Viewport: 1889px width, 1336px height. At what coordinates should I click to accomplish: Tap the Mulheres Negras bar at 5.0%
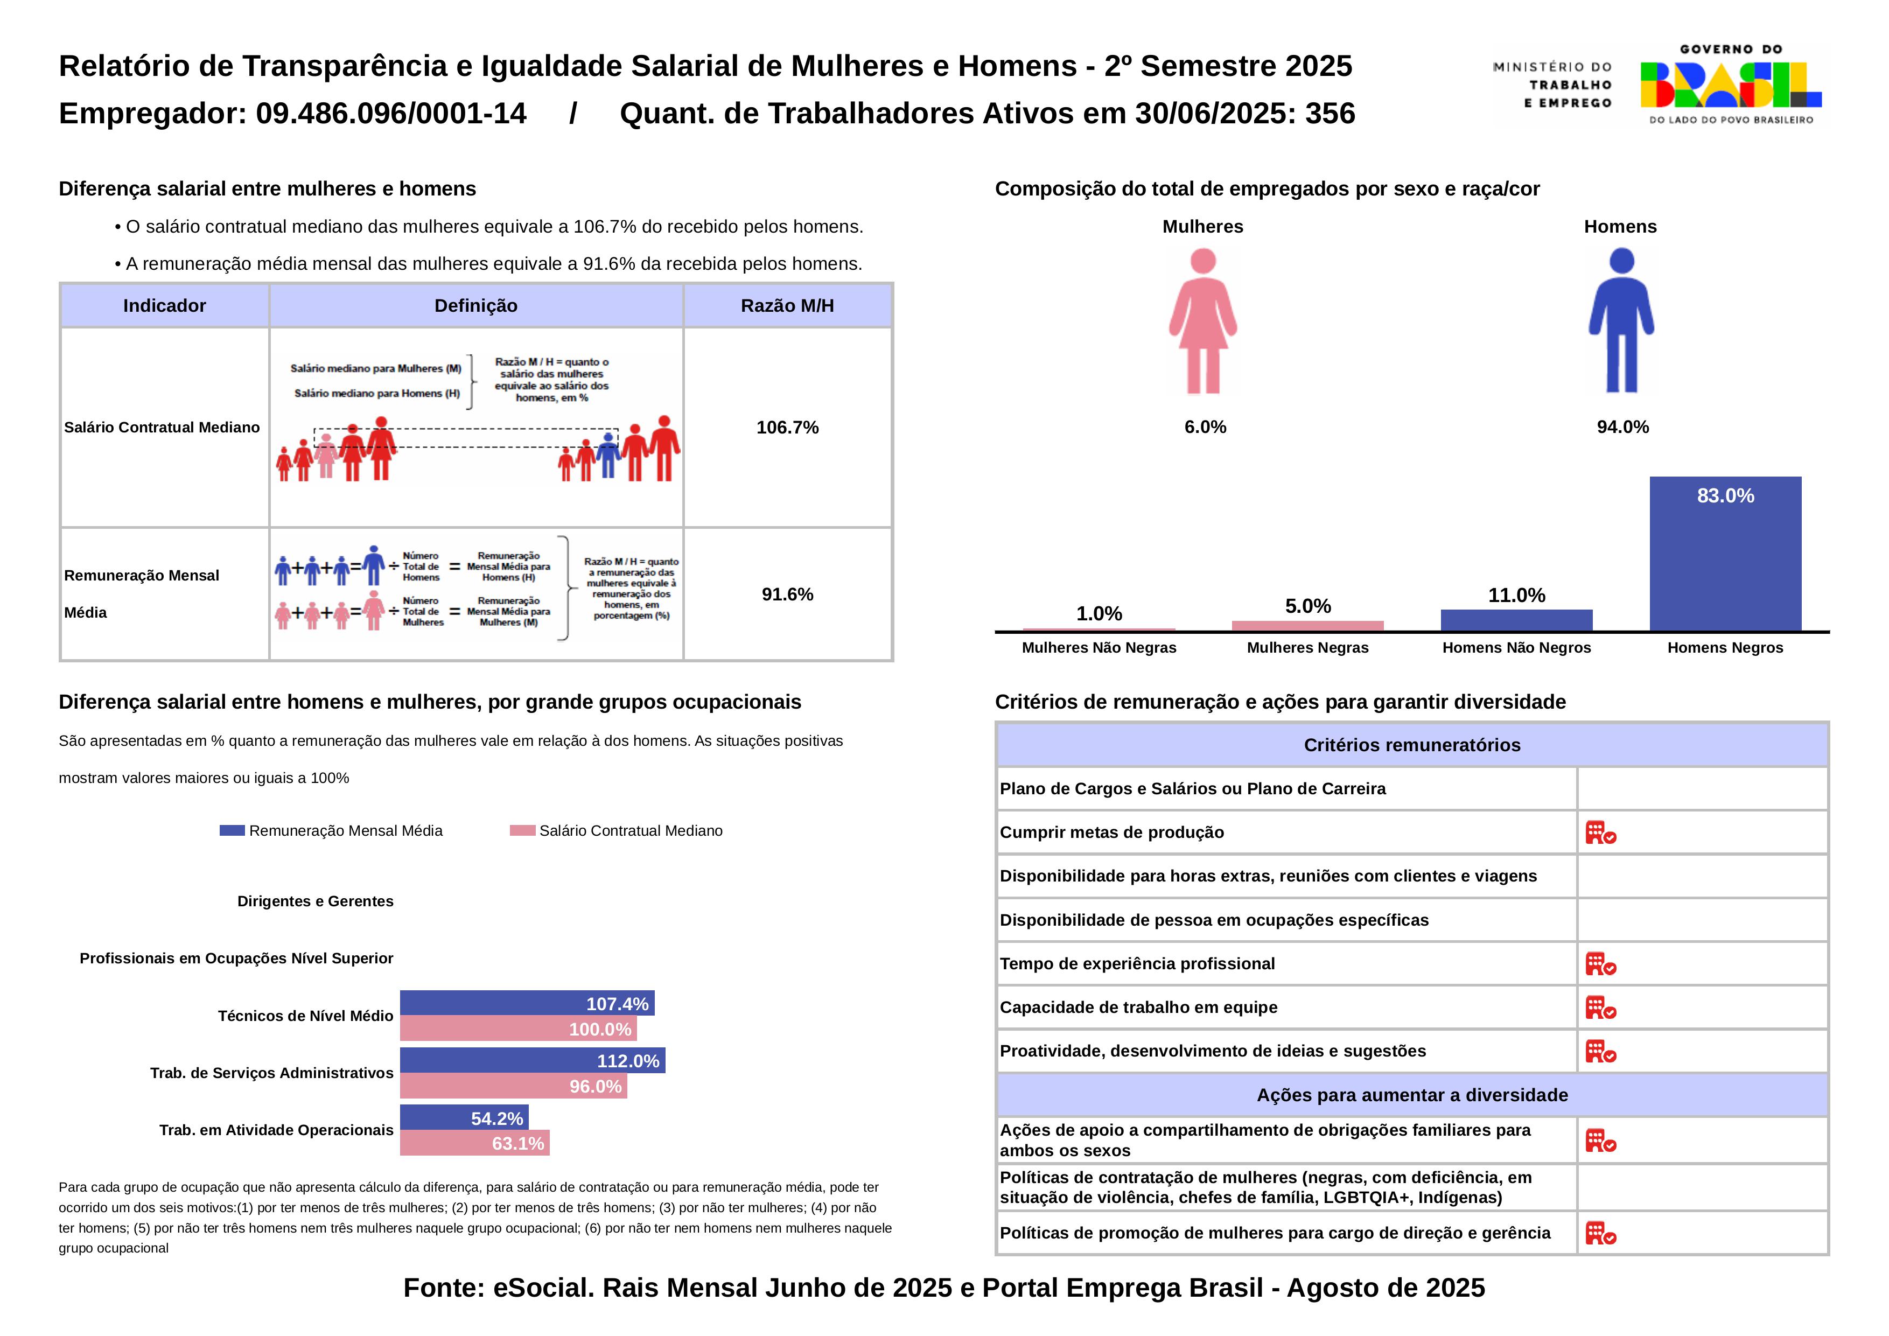[x=1307, y=625]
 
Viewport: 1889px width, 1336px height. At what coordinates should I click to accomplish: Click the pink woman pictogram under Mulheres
[x=1203, y=321]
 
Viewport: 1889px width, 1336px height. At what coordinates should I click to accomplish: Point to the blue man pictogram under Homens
[x=1621, y=321]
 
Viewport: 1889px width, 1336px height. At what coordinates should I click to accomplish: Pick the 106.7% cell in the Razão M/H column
[x=787, y=427]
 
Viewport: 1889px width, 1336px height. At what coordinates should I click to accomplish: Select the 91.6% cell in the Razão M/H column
[x=787, y=594]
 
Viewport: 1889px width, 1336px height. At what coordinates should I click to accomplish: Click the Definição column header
[x=475, y=306]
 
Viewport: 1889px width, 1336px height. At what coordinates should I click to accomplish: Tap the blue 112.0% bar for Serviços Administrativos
[x=533, y=1060]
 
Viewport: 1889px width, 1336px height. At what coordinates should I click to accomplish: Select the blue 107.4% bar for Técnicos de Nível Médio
[x=527, y=1003]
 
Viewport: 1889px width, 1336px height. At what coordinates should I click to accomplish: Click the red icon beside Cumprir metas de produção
[x=1600, y=833]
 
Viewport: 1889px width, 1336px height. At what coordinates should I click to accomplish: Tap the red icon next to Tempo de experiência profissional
[x=1600, y=963]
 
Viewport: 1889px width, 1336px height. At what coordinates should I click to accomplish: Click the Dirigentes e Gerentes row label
[x=315, y=901]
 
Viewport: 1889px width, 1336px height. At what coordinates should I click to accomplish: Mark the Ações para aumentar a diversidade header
[x=1412, y=1095]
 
